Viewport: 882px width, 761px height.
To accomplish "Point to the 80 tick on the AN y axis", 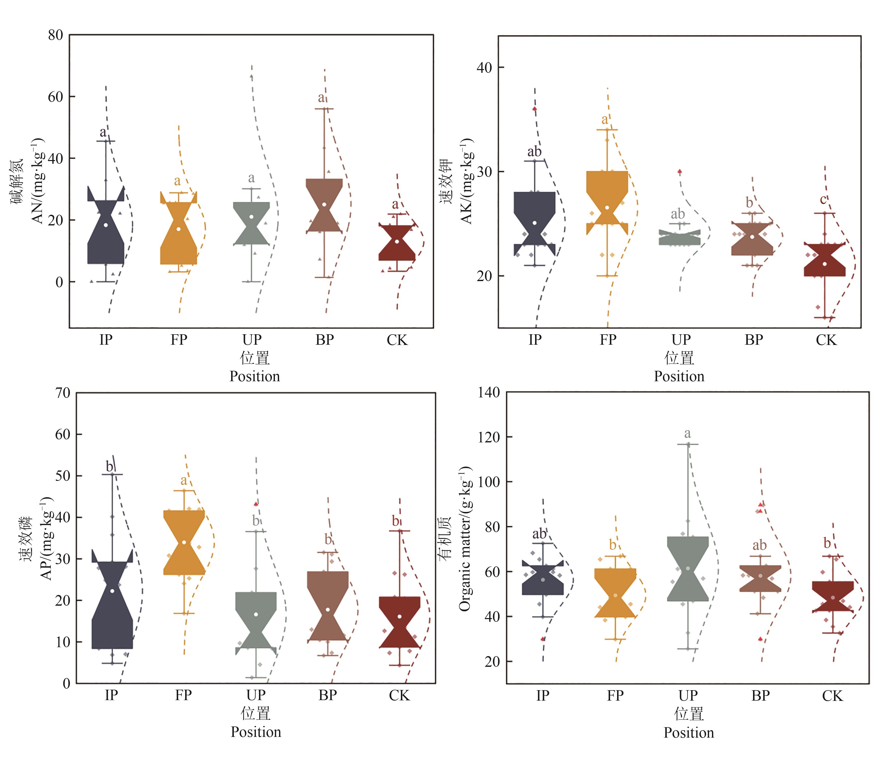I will [x=55, y=35].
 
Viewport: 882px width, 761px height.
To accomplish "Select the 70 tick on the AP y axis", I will [x=63, y=393].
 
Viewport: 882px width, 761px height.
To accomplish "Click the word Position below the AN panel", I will [x=254, y=376].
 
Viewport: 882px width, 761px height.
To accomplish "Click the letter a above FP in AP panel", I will [x=183, y=480].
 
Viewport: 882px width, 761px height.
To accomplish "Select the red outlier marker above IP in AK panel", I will [x=535, y=109].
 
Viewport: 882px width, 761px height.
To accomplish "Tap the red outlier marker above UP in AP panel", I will [x=256, y=504].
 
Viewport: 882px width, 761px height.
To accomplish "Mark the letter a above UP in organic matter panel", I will [x=687, y=434].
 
